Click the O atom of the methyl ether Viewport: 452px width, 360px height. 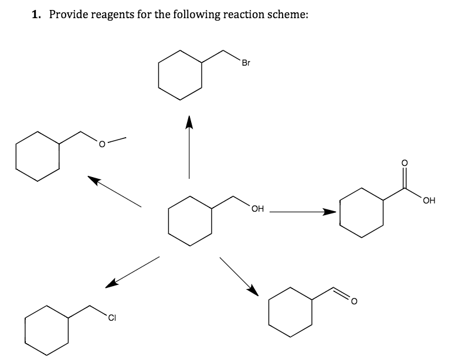tap(101, 144)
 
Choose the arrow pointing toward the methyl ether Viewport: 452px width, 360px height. tap(114, 190)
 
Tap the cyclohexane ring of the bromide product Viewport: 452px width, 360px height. tap(180, 76)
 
